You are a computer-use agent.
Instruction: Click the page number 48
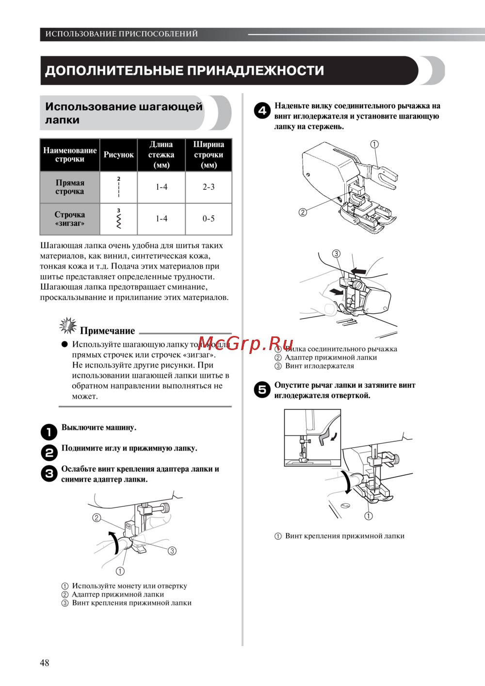click(x=45, y=663)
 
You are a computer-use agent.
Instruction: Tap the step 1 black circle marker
click(x=49, y=432)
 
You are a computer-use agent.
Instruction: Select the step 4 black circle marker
click(x=262, y=111)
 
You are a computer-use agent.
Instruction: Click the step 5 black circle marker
click(x=262, y=389)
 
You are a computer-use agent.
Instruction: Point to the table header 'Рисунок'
click(x=118, y=155)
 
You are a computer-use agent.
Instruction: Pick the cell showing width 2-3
click(x=209, y=187)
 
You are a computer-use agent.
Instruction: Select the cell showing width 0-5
click(x=209, y=218)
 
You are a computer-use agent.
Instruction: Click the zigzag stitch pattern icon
click(x=119, y=219)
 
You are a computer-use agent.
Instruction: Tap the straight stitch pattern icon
click(x=119, y=187)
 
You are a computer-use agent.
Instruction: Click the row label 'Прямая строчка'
click(x=70, y=187)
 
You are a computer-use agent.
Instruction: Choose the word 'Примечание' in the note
click(x=107, y=331)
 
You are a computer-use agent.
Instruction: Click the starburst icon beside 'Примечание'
click(x=68, y=325)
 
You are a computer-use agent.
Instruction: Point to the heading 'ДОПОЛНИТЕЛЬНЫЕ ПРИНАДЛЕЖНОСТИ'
click(x=184, y=71)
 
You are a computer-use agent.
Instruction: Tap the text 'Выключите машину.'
click(x=99, y=428)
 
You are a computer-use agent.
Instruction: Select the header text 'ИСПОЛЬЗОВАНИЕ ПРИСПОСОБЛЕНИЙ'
click(x=122, y=34)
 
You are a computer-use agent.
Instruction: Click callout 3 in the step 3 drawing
click(x=172, y=551)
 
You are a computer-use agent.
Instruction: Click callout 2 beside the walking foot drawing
click(x=303, y=212)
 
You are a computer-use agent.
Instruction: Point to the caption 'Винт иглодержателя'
click(x=319, y=366)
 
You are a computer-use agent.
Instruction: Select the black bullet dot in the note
click(x=65, y=344)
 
